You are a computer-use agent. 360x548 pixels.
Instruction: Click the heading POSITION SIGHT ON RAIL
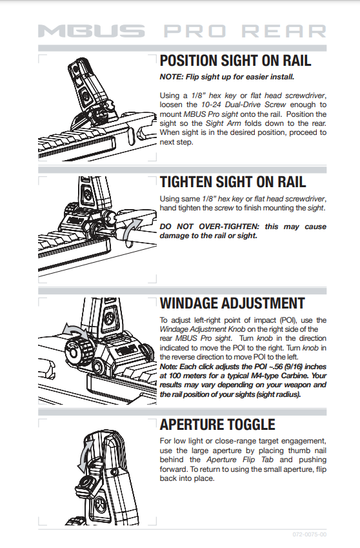235,61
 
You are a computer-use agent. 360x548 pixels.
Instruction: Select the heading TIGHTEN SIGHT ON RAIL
233,182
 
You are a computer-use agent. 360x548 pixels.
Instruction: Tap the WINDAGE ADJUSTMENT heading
232,303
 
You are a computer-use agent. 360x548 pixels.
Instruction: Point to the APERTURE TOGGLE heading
217,424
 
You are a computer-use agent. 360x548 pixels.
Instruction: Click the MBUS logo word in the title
92,31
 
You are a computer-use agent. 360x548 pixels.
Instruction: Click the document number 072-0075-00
310,534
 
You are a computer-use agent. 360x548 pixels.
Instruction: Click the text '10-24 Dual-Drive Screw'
243,105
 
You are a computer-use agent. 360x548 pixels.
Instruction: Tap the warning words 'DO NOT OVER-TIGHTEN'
210,227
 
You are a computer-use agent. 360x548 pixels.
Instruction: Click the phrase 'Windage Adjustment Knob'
203,329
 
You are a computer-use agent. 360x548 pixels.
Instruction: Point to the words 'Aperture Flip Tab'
240,460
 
